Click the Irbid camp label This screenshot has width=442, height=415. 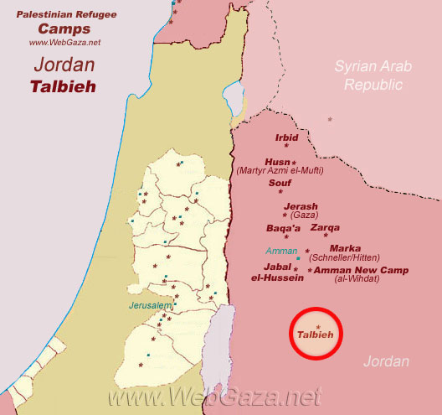click(286, 136)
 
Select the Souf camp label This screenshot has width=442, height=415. click(280, 181)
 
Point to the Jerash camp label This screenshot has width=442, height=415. click(301, 206)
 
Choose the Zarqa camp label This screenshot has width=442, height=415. click(325, 227)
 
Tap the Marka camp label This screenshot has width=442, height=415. click(345, 248)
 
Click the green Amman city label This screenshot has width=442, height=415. click(281, 251)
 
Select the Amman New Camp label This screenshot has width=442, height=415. click(355, 270)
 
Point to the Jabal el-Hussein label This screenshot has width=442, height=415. click(277, 272)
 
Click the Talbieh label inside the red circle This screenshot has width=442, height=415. click(316, 335)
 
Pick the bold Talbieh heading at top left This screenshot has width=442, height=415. click(63, 86)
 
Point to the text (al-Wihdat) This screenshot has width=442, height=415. click(357, 279)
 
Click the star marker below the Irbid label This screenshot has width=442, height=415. click(286, 146)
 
